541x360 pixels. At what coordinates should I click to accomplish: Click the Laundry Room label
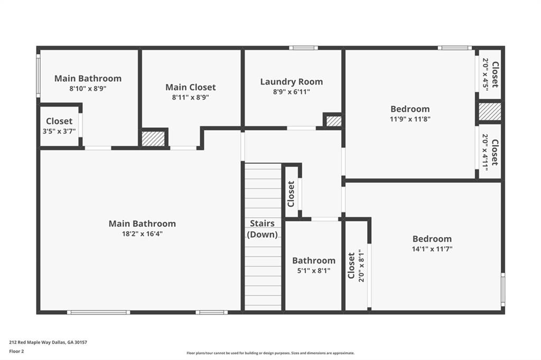point(292,82)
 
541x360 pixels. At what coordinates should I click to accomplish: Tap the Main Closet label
point(190,87)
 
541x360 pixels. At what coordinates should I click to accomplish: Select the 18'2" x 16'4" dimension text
point(142,234)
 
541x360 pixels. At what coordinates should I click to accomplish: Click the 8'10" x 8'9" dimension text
point(88,89)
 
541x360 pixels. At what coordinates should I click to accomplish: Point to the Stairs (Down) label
point(262,229)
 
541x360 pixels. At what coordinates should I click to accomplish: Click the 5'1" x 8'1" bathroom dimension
point(314,271)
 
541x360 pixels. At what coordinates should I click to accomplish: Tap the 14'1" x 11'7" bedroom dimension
point(432,249)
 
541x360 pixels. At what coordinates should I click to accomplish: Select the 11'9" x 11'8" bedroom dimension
point(410,119)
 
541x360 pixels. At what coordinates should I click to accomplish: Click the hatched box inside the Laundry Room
point(334,121)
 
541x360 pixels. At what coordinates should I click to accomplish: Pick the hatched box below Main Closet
point(153,139)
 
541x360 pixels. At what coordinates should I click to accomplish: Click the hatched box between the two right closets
point(490,112)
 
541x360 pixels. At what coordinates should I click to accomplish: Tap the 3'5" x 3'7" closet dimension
point(59,131)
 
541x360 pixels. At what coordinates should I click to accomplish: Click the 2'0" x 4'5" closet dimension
point(485,74)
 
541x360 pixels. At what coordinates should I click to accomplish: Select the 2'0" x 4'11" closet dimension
point(485,152)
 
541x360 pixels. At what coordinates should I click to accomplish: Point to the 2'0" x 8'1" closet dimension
point(361,266)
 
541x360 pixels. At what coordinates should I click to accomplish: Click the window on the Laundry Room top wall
point(303,48)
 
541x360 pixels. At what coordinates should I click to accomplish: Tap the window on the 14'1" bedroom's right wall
point(503,290)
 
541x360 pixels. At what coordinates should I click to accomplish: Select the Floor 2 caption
point(16,352)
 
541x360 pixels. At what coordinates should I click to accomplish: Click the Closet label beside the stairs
point(291,194)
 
